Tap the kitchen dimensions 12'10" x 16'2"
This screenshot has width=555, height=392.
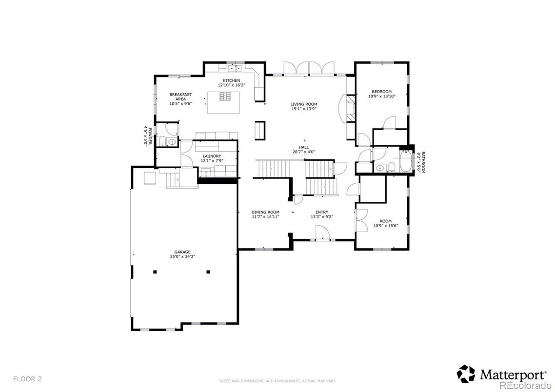click(231, 85)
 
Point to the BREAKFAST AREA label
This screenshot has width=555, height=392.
click(180, 97)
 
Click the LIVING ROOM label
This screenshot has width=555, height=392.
click(304, 104)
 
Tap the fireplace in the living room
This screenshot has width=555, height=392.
click(350, 108)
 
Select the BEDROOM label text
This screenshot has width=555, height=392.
click(381, 92)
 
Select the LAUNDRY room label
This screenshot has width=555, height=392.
click(212, 156)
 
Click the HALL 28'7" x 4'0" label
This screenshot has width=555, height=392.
click(304, 149)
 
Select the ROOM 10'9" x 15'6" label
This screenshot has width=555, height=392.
click(385, 223)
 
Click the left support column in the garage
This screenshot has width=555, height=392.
click(155, 272)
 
